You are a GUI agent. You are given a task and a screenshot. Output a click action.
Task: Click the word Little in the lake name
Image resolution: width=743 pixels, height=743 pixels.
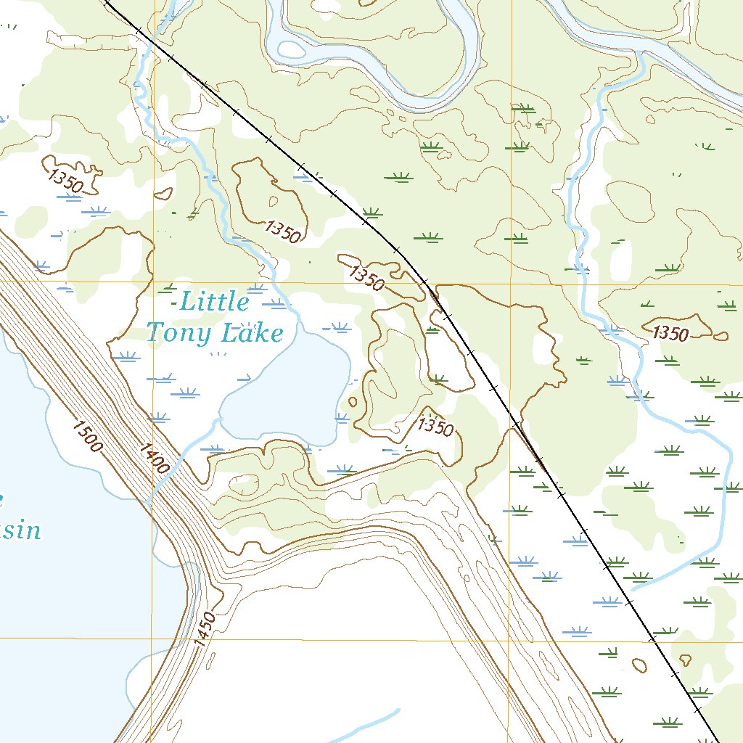click(214, 301)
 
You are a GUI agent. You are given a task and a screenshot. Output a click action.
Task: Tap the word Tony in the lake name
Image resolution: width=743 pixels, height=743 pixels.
click(179, 332)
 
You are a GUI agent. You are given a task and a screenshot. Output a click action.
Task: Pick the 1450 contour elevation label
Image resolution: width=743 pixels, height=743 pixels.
click(205, 629)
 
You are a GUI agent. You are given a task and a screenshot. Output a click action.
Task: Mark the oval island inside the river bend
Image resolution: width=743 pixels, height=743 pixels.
click(292, 49)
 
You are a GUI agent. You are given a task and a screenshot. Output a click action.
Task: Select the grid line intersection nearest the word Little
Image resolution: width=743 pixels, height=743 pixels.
click(153, 281)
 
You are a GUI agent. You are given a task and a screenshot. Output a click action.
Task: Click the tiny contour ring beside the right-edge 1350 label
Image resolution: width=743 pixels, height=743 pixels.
click(720, 336)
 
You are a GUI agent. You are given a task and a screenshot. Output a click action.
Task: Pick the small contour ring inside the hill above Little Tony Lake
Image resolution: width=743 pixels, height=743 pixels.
click(273, 202)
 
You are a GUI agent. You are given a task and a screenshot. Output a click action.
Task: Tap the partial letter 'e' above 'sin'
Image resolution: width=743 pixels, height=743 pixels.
click(2, 498)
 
